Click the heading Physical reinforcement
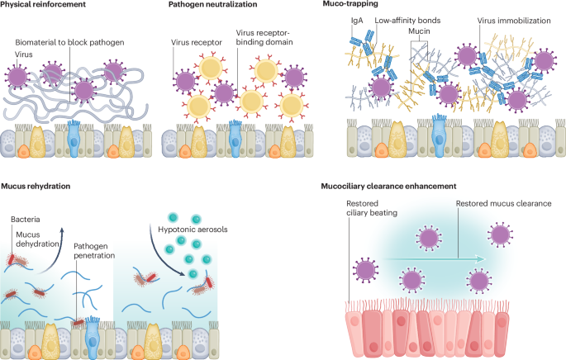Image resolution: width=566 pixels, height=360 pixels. (43, 4)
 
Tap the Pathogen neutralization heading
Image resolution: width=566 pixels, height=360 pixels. (212, 4)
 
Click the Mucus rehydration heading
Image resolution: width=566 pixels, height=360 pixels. (36, 186)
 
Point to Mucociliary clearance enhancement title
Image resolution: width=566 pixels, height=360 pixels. (389, 186)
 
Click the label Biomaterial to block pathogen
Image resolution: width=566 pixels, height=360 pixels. (69, 42)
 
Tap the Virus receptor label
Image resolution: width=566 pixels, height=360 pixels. (197, 42)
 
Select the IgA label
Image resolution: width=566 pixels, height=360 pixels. (357, 21)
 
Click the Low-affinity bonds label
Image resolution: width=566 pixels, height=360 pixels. (407, 20)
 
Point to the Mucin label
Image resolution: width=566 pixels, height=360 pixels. (419, 31)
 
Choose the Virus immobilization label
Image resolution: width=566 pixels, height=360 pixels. (514, 21)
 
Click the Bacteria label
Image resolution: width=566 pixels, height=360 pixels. (26, 220)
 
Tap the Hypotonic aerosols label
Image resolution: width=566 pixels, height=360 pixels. (193, 230)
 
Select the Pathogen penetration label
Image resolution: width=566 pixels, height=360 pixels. (94, 251)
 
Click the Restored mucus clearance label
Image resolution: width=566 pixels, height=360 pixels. (503, 203)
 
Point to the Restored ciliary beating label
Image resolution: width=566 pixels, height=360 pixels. (372, 208)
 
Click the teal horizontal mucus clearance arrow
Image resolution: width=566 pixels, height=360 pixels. (434, 259)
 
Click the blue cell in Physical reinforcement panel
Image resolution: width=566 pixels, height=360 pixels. (74, 139)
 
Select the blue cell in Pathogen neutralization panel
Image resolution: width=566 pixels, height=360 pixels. (235, 139)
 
